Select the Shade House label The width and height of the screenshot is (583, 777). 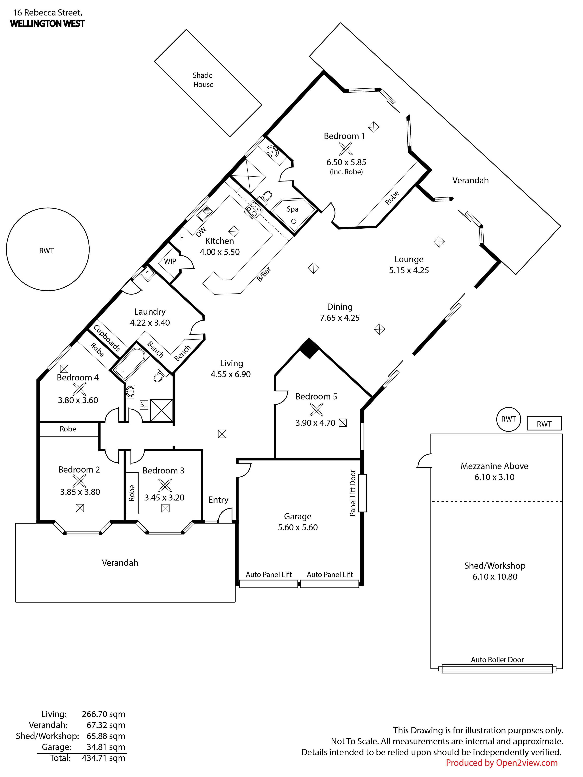point(203,80)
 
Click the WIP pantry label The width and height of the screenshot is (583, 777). point(170,261)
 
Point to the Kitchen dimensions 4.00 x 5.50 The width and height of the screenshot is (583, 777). point(220,252)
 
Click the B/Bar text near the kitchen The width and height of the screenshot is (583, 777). point(264,274)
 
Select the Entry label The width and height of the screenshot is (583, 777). point(218,500)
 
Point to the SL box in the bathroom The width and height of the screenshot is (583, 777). point(144,405)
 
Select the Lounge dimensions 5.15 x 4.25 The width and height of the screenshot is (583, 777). point(409,270)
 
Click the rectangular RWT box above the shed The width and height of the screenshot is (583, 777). point(544,423)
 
